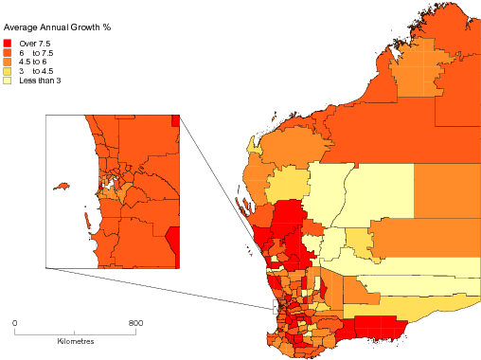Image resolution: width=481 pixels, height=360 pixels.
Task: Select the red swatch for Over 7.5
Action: point(9,44)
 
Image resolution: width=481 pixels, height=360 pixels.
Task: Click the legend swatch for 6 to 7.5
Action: point(9,53)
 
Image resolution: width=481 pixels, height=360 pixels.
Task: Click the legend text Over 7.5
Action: point(34,44)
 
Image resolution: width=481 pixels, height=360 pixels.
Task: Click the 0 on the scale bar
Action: point(14,324)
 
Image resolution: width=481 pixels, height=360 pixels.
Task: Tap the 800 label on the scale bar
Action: point(135,324)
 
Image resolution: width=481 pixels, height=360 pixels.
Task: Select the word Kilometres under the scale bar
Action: point(75,340)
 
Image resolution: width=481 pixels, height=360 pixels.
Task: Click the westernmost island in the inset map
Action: point(63,186)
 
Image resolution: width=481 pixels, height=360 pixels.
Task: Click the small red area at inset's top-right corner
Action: point(175,120)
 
